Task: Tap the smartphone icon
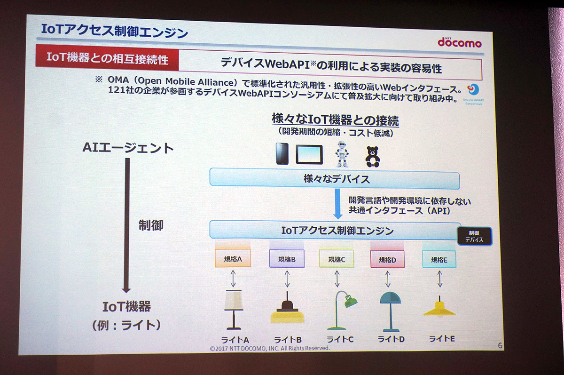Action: pos(282,154)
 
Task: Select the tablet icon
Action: pos(309,154)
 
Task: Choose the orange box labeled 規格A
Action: pos(233,258)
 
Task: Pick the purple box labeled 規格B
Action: pos(287,259)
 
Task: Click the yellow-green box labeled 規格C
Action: pos(337,259)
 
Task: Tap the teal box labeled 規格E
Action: pos(439,259)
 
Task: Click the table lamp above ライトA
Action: pos(233,309)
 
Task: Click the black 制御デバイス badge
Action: pos(475,236)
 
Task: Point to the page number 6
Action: pos(500,346)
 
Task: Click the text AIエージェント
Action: pos(128,148)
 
